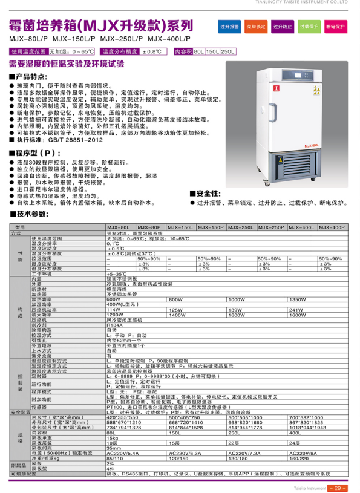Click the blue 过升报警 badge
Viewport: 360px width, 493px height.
click(229, 27)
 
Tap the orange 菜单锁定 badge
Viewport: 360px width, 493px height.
click(256, 27)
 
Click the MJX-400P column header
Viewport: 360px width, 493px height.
click(332, 226)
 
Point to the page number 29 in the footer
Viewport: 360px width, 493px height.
click(338, 488)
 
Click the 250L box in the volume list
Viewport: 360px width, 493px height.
click(228, 52)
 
